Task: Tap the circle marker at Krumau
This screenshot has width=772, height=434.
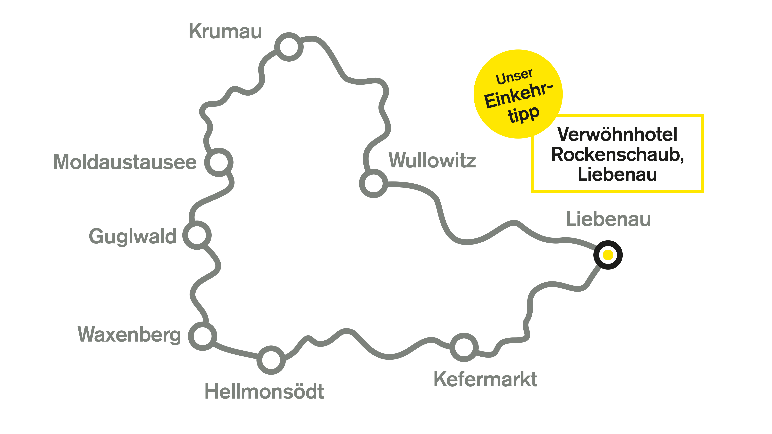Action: pos(289,47)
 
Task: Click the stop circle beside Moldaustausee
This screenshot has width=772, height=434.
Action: pos(219,162)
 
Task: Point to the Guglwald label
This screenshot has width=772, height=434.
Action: pos(133,236)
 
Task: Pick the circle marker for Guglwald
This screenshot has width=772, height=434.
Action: pos(197,235)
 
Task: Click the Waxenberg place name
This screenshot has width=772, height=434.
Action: pos(129,335)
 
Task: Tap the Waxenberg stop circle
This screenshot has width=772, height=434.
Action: pos(203,336)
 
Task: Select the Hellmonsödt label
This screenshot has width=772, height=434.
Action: pos(264,392)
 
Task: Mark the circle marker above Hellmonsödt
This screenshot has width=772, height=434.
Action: pos(271,360)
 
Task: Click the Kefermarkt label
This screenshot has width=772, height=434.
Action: pos(486,379)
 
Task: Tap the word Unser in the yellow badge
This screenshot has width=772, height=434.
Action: pos(514,77)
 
